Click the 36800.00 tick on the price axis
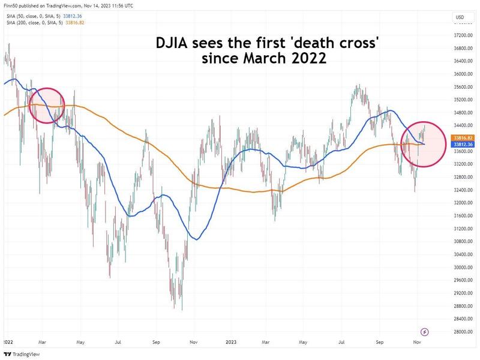[460, 48]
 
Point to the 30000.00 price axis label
[460, 267]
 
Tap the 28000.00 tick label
[460, 332]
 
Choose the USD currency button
[460, 16]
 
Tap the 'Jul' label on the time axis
[118, 341]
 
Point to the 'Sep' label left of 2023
[157, 341]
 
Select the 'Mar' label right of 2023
[266, 341]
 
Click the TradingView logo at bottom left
[17, 353]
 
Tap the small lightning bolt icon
[425, 331]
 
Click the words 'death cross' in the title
[336, 44]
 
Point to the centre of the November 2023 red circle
[422, 143]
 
